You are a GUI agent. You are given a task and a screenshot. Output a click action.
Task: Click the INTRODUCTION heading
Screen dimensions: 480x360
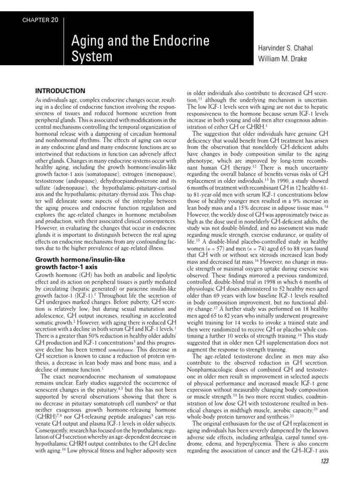click(x=60, y=91)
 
